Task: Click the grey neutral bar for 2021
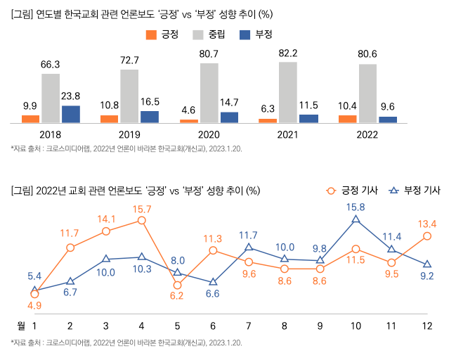tap(287, 92)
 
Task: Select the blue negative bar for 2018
tap(70, 114)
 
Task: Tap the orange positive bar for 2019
tap(109, 119)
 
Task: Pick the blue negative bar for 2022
tap(388, 120)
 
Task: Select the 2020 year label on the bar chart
tap(209, 134)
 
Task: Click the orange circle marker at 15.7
tap(142, 221)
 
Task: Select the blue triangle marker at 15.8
tap(356, 220)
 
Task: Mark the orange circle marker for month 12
tap(427, 236)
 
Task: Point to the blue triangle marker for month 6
tap(214, 282)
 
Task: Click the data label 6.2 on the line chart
tap(176, 295)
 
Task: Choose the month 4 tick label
tap(142, 326)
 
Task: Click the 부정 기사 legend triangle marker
tap(393, 190)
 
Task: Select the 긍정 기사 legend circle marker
tap(331, 190)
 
